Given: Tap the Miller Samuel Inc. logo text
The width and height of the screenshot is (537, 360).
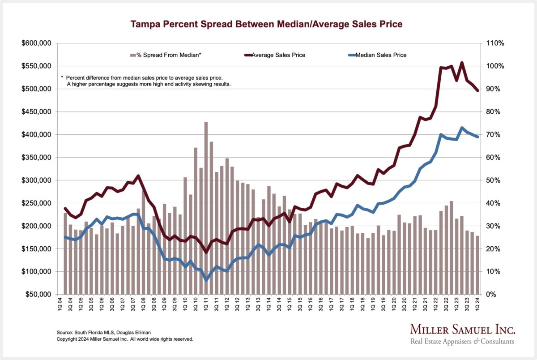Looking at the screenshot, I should point(463,330).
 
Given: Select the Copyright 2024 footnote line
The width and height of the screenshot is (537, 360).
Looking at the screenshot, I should point(125,339).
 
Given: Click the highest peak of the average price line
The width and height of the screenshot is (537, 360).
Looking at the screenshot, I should point(462,63).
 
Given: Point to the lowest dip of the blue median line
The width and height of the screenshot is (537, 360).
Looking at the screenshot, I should point(206,279).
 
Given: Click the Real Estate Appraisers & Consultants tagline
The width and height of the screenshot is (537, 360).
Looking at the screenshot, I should point(463,342).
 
